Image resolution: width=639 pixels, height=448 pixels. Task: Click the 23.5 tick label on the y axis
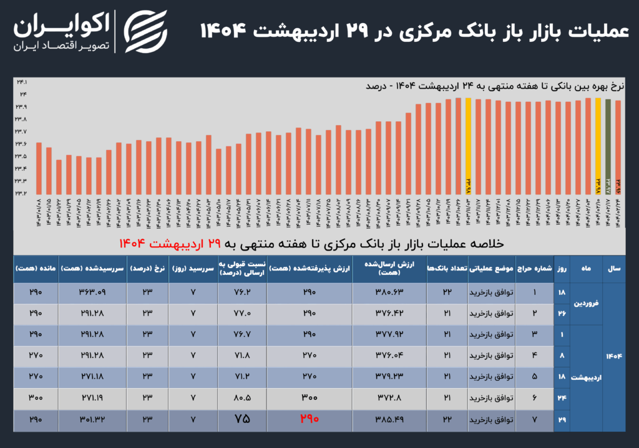tap(21, 156)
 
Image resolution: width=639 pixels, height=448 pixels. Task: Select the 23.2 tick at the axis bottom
tap(21, 193)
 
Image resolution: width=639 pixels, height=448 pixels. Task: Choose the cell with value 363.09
tap(92, 291)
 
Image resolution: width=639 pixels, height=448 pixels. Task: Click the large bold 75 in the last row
tap(242, 419)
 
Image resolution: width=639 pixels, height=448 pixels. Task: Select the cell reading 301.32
tap(92, 419)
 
